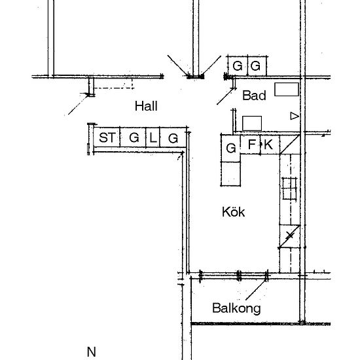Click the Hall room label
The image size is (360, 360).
click(x=146, y=106)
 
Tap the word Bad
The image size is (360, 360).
click(x=254, y=96)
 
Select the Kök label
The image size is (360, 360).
click(x=233, y=211)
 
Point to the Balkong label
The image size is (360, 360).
click(x=236, y=308)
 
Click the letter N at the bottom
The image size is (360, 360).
click(x=92, y=351)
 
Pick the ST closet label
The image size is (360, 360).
click(x=107, y=137)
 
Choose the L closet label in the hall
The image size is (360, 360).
click(x=153, y=137)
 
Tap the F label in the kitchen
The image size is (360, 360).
click(x=252, y=144)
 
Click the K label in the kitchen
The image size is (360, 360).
click(x=268, y=145)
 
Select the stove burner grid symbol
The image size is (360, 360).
click(x=289, y=189)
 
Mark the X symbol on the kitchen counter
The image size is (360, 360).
click(x=290, y=236)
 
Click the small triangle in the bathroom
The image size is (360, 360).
click(x=295, y=116)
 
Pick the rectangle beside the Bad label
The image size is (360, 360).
click(x=287, y=89)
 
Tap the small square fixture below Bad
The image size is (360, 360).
click(x=252, y=123)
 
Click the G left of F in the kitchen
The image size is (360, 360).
click(x=231, y=148)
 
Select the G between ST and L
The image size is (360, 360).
click(x=134, y=137)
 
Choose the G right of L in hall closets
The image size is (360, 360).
click(x=173, y=138)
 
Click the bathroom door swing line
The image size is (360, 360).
click(x=226, y=96)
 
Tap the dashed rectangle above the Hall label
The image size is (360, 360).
click(x=114, y=83)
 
